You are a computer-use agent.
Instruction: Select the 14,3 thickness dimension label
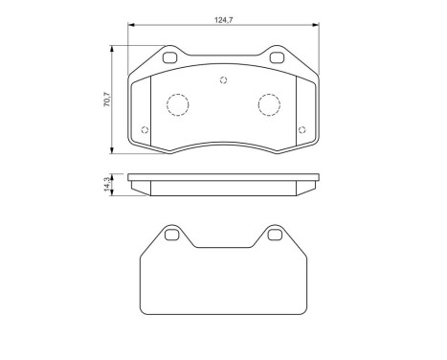tap(106, 184)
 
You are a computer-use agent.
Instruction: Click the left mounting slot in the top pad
tap(171, 58)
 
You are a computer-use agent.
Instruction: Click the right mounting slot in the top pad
tap(277, 58)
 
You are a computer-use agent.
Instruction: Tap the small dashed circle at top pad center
tap(224, 79)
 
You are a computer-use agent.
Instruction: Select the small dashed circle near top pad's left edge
tap(145, 130)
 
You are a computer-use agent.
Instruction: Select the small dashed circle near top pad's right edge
tap(302, 130)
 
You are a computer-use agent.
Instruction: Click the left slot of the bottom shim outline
tap(171, 235)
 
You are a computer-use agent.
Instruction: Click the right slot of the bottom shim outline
tap(276, 235)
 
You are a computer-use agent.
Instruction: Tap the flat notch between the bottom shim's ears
tap(224, 247)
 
